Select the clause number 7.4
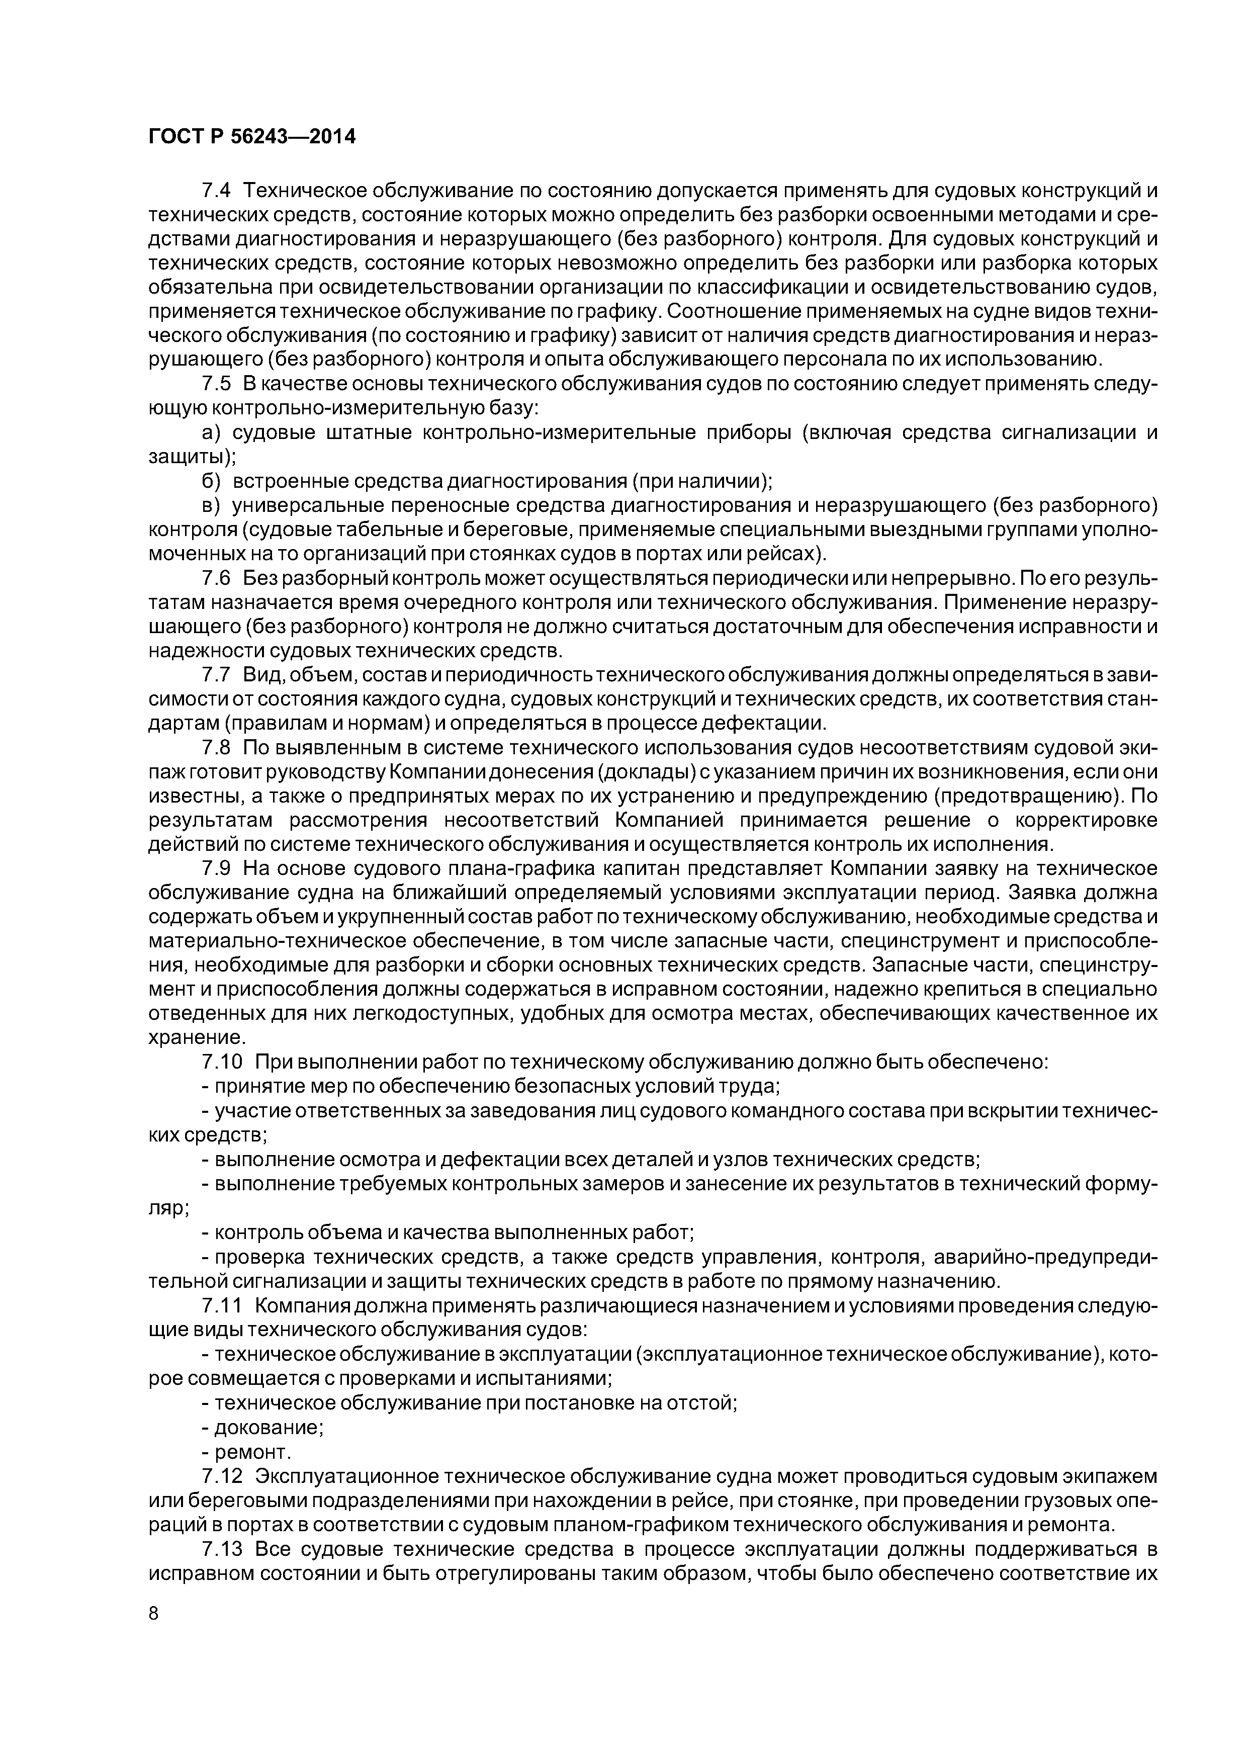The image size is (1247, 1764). (x=216, y=191)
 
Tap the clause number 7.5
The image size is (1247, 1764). (x=216, y=384)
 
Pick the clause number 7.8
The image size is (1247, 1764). (x=216, y=748)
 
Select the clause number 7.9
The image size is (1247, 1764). (x=216, y=868)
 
